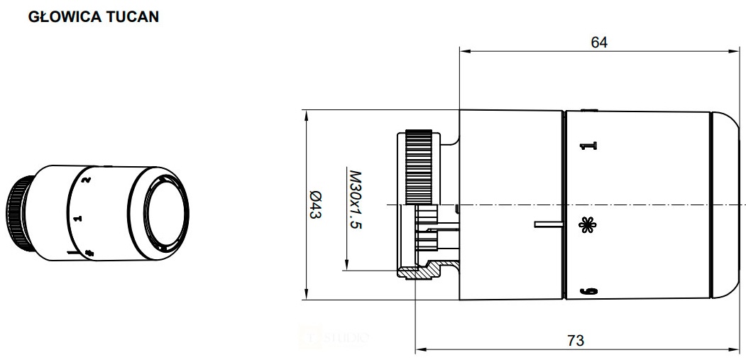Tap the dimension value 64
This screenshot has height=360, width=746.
pos(599,42)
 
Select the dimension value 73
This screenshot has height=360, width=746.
pos(576,341)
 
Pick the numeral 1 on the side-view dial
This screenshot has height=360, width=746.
pos(586,146)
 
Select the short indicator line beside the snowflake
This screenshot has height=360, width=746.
pos(547,225)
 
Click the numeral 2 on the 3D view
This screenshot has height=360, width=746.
pos(86,180)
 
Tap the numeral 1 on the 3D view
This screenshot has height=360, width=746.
pos(79,218)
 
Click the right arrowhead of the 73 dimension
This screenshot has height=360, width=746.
pos(738,349)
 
